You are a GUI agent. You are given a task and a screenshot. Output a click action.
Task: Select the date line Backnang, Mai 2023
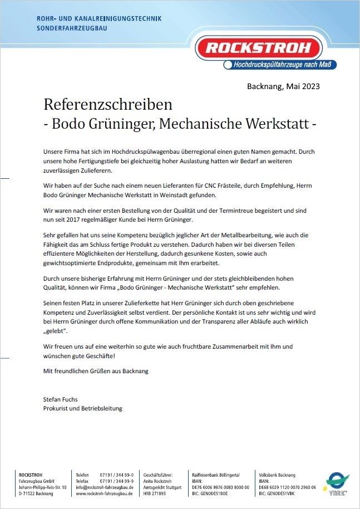click(283, 86)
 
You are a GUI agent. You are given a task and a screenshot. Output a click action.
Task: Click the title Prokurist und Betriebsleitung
click(82, 408)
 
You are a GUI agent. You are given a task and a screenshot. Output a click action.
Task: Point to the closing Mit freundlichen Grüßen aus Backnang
click(96, 370)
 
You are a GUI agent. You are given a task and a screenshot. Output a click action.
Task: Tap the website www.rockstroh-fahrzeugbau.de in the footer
click(105, 493)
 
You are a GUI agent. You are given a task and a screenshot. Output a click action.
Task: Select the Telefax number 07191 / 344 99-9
click(116, 481)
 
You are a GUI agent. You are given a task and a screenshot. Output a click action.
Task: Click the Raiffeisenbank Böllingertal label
click(216, 474)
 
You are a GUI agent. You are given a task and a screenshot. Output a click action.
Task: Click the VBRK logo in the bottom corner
click(336, 483)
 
